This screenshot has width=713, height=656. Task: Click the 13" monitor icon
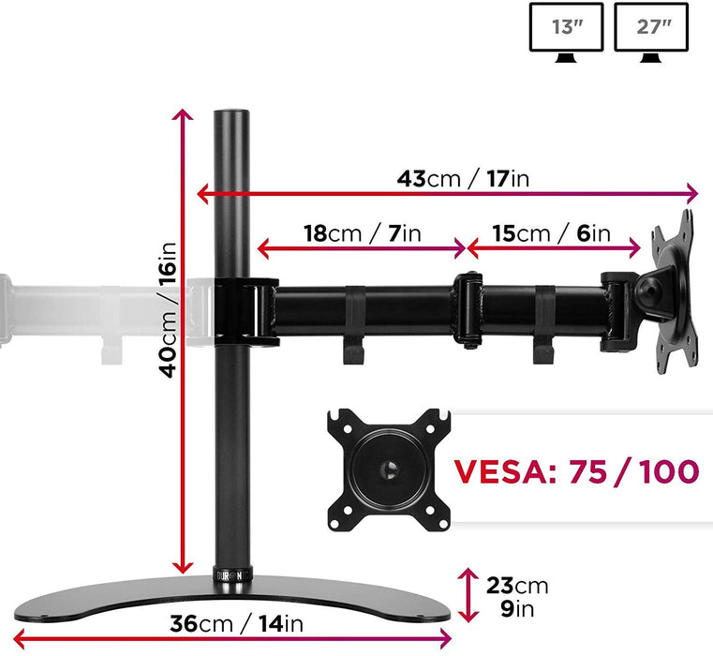coord(567,30)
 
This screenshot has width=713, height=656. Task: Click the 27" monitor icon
coord(650,30)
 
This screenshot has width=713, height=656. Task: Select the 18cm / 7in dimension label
coord(363,233)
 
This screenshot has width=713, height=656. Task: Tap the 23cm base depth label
coord(517,587)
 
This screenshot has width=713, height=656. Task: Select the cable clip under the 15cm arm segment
coord(543,328)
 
